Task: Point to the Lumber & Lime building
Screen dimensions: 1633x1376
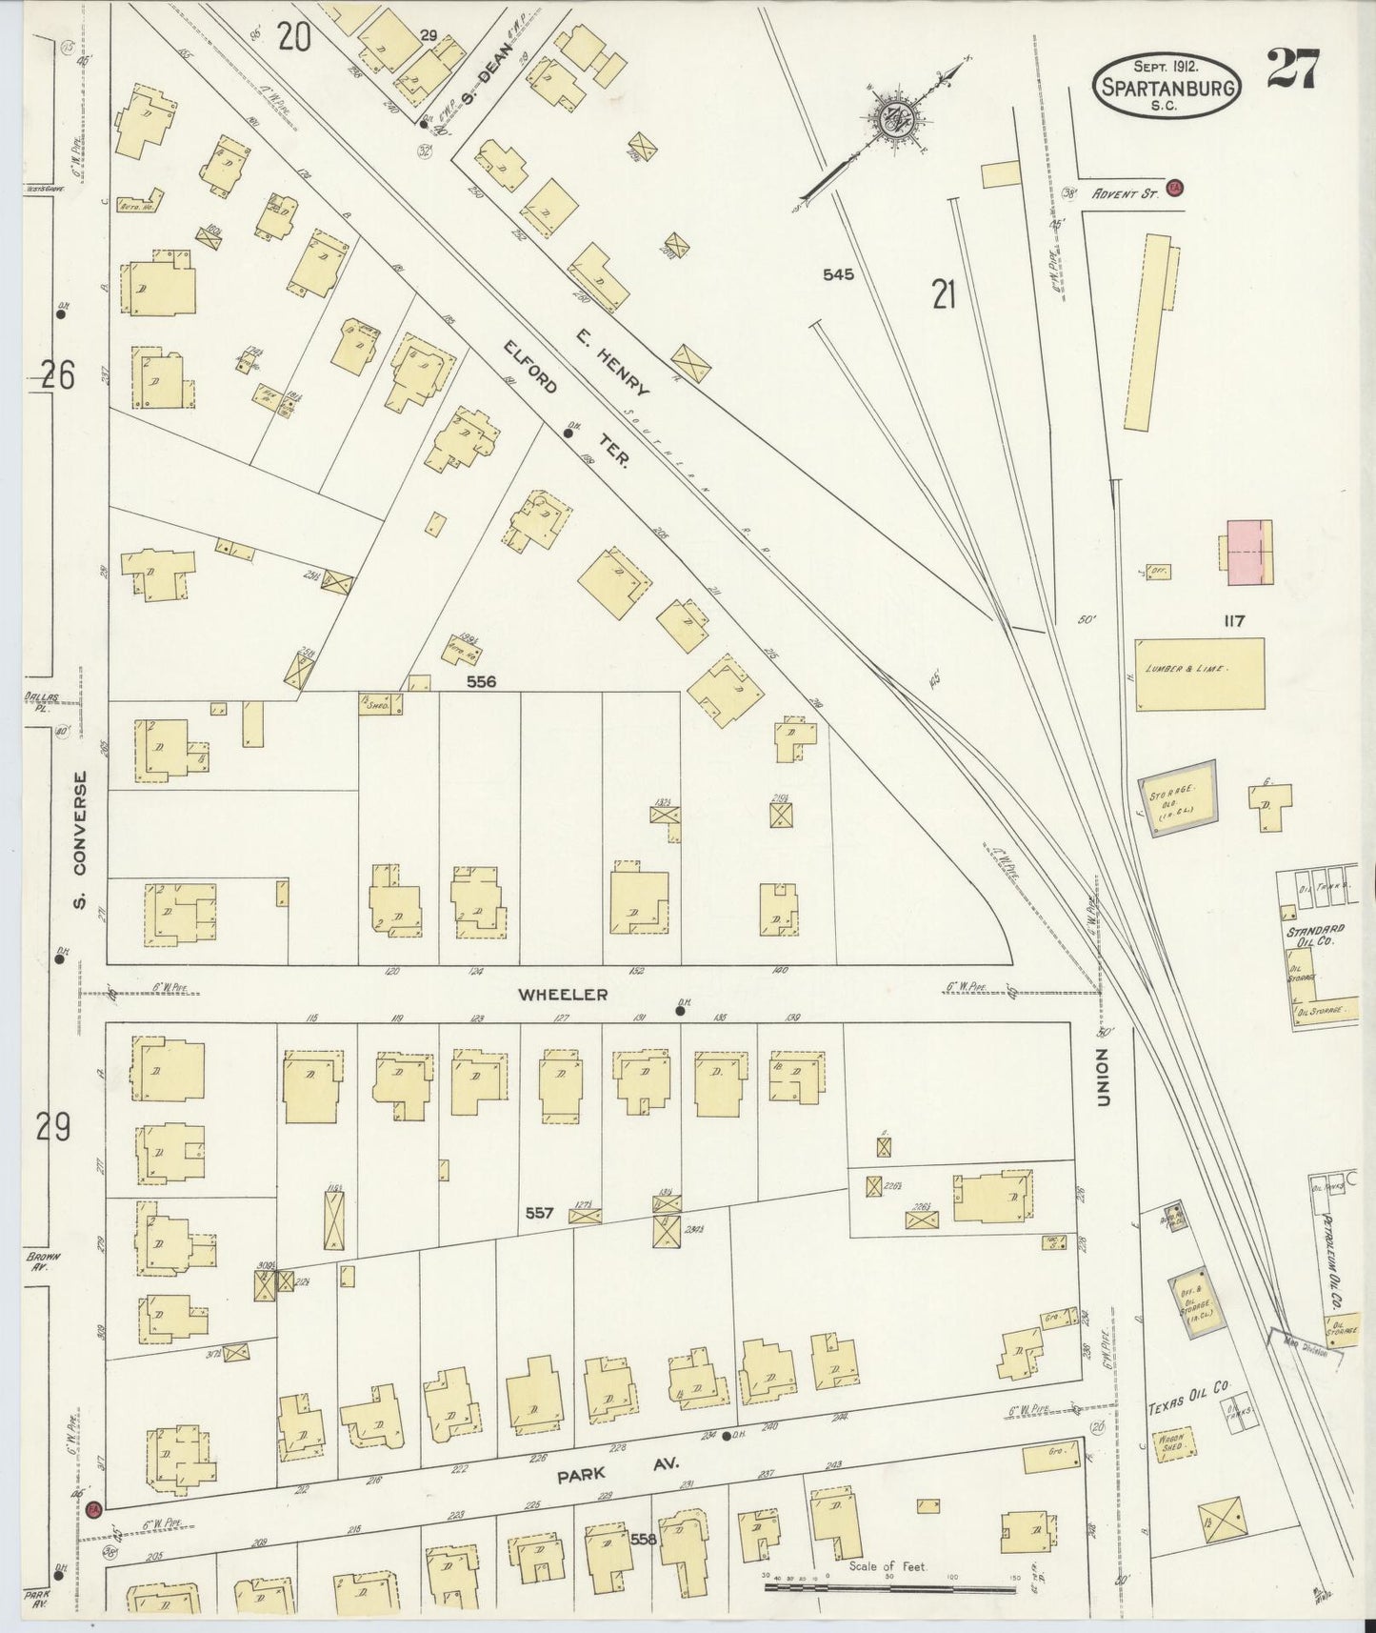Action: point(1200,674)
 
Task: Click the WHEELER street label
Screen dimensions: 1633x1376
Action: point(562,995)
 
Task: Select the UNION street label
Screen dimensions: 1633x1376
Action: point(1105,1078)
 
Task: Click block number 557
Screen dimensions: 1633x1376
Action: point(540,1213)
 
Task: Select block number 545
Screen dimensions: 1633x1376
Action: point(838,274)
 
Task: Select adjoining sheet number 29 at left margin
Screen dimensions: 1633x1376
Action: point(53,1127)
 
